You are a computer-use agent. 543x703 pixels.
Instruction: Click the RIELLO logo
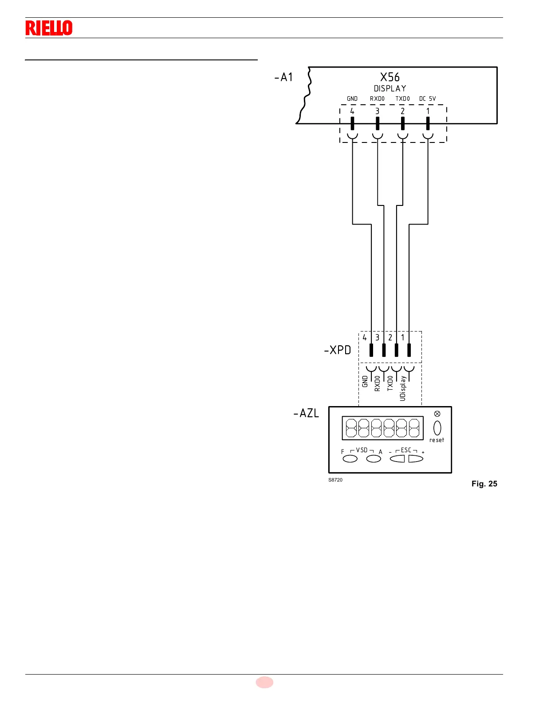coord(49,28)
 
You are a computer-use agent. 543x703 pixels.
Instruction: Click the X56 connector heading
coord(390,77)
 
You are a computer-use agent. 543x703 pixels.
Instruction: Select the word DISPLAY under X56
coord(390,89)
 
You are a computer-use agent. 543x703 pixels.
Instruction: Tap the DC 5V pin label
coord(428,99)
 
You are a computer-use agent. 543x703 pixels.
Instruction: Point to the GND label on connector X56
coord(352,99)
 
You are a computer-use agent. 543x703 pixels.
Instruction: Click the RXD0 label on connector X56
coord(377,99)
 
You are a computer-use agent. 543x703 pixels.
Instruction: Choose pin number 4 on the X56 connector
coord(352,111)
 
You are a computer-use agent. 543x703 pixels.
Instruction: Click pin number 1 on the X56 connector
coord(428,111)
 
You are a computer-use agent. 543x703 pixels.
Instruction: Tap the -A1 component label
coord(283,77)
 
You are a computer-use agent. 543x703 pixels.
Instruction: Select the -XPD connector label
coord(338,350)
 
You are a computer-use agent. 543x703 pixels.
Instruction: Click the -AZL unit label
coord(306,413)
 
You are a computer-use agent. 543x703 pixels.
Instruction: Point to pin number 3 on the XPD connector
coord(378,338)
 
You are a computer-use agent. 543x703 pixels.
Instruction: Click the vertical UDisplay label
coord(403,388)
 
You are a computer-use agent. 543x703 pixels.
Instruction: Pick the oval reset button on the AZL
coord(437,428)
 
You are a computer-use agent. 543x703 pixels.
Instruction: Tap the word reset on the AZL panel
coord(437,440)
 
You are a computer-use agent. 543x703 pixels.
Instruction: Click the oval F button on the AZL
coord(350,459)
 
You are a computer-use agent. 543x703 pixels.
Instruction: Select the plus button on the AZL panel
coord(416,459)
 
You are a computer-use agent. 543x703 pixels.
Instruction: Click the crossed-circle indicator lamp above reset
coord(437,414)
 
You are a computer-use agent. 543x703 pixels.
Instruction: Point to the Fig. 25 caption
coord(484,484)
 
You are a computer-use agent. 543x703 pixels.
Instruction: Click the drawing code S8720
coord(335,480)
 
